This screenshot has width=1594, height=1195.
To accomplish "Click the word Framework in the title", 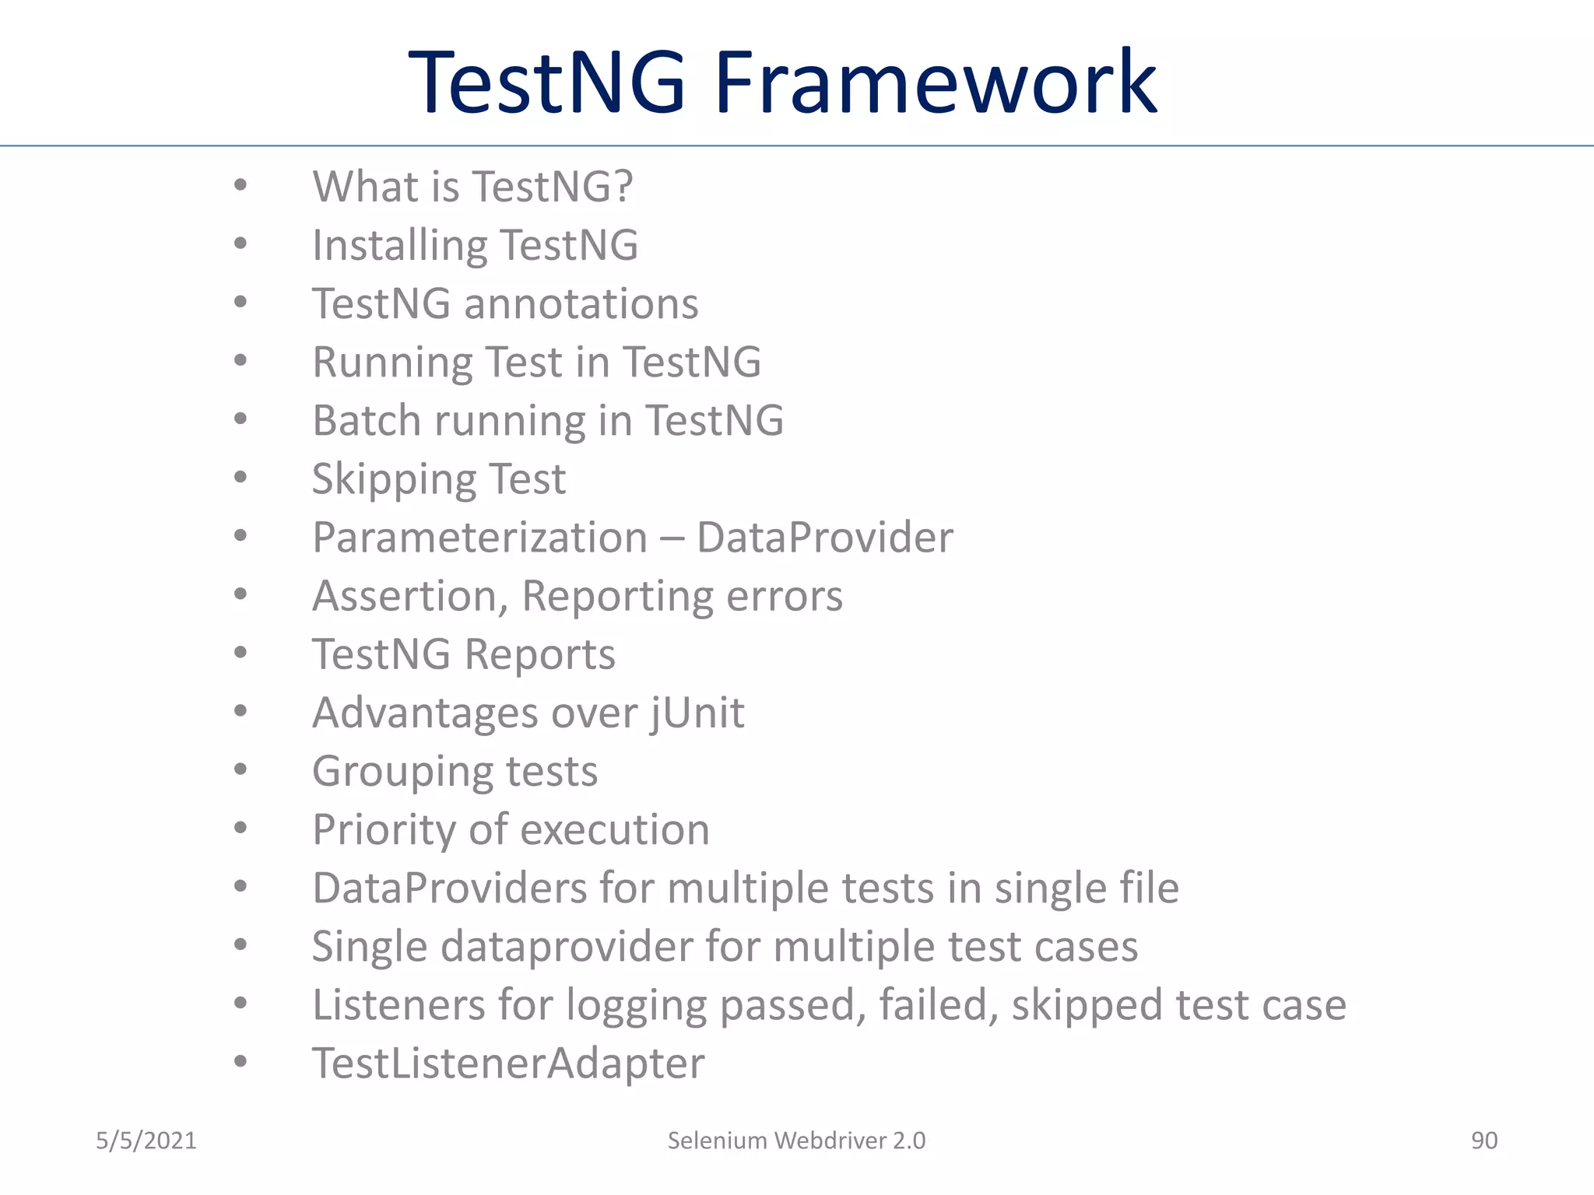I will click(936, 82).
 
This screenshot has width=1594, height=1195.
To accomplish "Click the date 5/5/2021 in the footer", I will click(146, 1141).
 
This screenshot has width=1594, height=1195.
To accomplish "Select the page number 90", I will click(1483, 1141).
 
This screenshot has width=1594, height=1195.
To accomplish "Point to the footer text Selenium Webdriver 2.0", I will click(796, 1141).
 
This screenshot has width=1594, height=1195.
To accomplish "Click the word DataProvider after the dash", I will click(824, 538).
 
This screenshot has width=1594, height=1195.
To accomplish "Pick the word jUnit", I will click(697, 713).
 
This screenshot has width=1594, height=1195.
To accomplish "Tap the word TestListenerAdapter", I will click(508, 1064).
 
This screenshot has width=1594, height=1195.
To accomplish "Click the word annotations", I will click(581, 303).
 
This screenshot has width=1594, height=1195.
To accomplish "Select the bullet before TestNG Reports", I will click(241, 653).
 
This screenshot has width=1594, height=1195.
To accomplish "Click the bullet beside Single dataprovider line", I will click(241, 945).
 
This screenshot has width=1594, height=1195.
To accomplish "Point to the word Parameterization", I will click(479, 538).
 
